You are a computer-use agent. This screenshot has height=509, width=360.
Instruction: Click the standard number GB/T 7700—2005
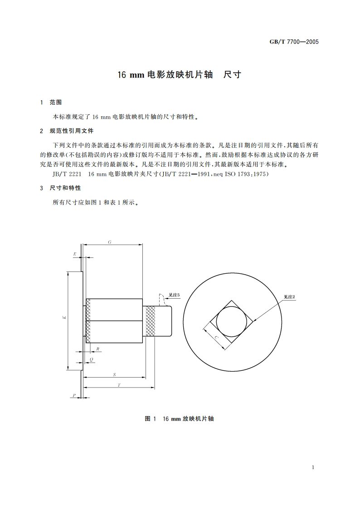(x=294, y=42)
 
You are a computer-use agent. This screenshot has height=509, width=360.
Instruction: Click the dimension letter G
(x=110, y=242)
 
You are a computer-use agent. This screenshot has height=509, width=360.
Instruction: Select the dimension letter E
(x=75, y=255)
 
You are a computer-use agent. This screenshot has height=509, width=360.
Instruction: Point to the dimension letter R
(x=98, y=349)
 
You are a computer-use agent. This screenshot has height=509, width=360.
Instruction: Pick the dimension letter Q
(x=92, y=359)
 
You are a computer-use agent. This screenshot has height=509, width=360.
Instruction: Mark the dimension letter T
(x=119, y=385)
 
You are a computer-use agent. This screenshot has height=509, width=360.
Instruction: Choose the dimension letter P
(x=74, y=396)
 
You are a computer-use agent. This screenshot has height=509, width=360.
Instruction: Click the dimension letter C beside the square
(x=216, y=337)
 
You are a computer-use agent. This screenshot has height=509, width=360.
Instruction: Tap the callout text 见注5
(x=174, y=295)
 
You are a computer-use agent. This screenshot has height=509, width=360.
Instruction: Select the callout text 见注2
(x=290, y=297)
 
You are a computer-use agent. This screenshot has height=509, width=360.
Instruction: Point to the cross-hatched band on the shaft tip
(x=150, y=321)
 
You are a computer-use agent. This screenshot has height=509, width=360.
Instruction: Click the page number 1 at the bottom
(x=313, y=467)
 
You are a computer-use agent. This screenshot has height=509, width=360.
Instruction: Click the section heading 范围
(x=62, y=102)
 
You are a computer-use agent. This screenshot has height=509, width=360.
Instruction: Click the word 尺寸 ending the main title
(x=233, y=75)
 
